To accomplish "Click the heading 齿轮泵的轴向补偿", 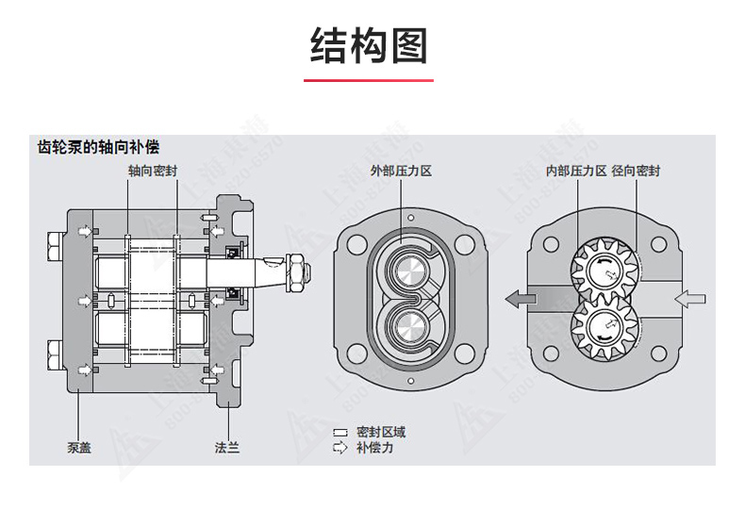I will (97, 148).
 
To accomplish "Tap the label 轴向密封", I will (153, 172).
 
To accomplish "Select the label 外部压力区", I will (400, 172).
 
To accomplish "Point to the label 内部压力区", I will (576, 172).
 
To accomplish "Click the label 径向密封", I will (636, 172).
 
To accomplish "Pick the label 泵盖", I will (79, 447).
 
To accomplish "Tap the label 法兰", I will (227, 447).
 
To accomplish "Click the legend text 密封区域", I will (381, 432).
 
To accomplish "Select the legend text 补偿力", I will (374, 448).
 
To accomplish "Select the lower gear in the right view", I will (604, 328).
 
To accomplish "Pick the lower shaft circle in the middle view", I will (410, 328).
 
